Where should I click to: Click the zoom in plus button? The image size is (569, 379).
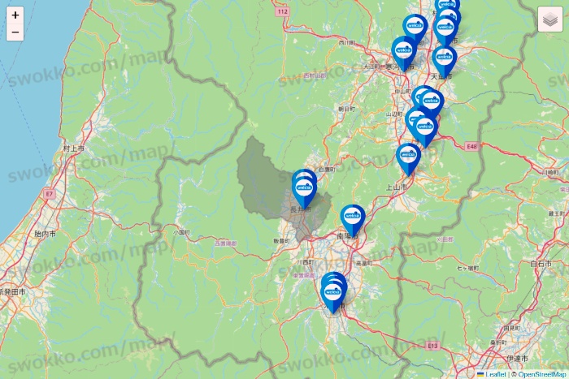[15, 15]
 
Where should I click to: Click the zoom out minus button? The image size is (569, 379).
[15, 32]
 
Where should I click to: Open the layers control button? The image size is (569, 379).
[549, 19]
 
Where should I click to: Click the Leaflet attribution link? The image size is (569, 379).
[495, 374]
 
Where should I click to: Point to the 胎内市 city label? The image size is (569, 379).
[46, 234]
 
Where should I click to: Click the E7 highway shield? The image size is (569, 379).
[49, 195]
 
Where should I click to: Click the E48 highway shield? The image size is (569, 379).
[474, 147]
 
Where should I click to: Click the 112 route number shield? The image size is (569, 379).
[282, 11]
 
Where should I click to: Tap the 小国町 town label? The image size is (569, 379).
[180, 231]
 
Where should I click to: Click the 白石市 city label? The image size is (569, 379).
[541, 264]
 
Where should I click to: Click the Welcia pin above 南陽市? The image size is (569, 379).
[353, 216]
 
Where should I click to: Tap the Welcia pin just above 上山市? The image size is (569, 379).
[408, 155]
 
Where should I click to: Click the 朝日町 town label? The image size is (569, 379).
[346, 108]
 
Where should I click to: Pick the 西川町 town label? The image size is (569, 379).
[347, 42]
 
